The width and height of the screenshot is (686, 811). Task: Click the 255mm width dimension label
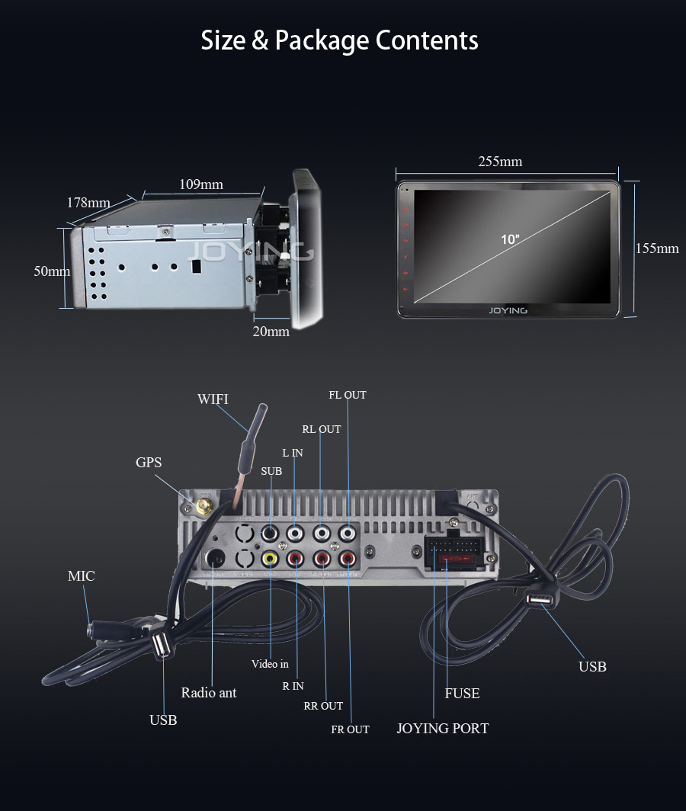pyautogui.click(x=500, y=161)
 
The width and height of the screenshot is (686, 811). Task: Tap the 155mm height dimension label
pyautogui.click(x=656, y=248)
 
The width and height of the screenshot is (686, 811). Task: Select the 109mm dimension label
pyautogui.click(x=201, y=184)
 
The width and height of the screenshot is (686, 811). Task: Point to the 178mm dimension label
pyautogui.click(x=88, y=203)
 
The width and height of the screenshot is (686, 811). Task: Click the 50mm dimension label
pyautogui.click(x=52, y=271)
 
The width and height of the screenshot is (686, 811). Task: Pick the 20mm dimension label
pyautogui.click(x=271, y=331)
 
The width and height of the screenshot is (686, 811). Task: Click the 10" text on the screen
pyautogui.click(x=510, y=239)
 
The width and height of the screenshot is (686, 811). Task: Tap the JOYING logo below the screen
pyautogui.click(x=508, y=310)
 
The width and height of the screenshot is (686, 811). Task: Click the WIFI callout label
pyautogui.click(x=213, y=399)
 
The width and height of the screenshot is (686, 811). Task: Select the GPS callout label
pyautogui.click(x=149, y=463)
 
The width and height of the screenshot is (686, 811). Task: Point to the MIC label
pyautogui.click(x=81, y=575)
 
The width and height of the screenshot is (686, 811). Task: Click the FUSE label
pyautogui.click(x=462, y=693)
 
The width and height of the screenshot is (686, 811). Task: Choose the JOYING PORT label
pyautogui.click(x=442, y=728)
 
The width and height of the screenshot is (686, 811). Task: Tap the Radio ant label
pyautogui.click(x=209, y=692)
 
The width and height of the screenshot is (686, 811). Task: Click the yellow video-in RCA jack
pyautogui.click(x=269, y=559)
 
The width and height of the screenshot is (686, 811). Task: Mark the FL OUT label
pyautogui.click(x=348, y=395)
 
